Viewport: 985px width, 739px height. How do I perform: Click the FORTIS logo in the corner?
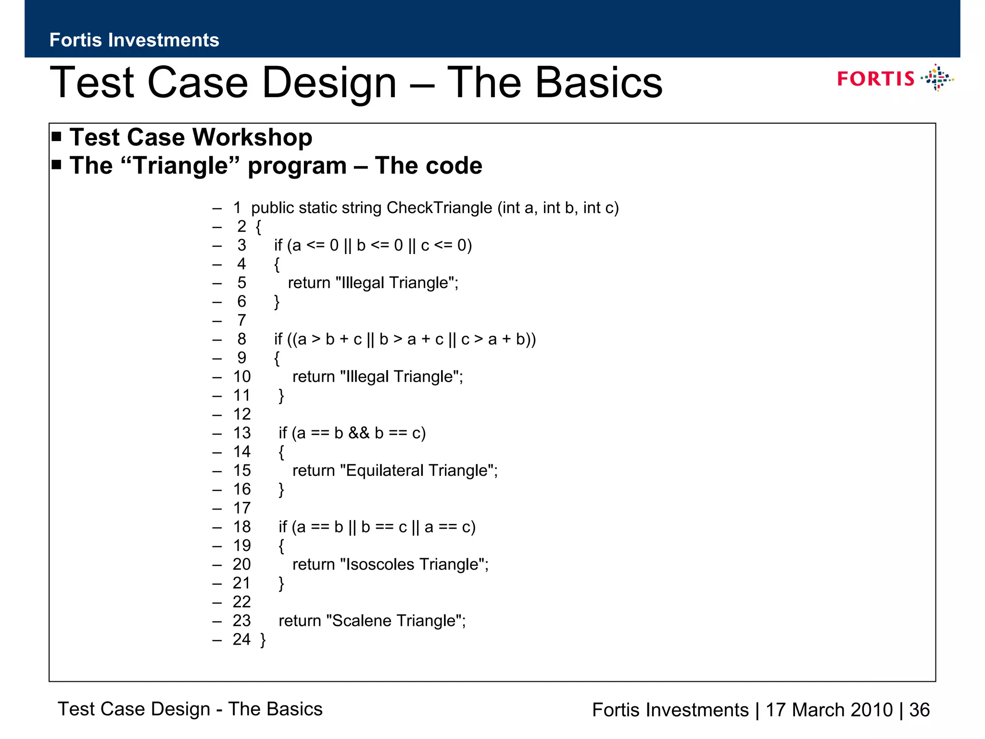tap(895, 78)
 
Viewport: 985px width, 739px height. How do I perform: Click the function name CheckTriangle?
tap(439, 208)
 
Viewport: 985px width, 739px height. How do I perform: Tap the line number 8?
tap(241, 339)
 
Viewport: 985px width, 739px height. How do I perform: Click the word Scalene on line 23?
tap(361, 621)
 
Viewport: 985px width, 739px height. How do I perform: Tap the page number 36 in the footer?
tap(920, 710)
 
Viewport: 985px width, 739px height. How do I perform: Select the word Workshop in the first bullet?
tap(252, 138)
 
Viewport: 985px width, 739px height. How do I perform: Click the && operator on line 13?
tap(359, 433)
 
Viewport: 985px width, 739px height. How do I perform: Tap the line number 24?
tap(241, 639)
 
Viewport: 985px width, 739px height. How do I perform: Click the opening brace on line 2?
tap(258, 227)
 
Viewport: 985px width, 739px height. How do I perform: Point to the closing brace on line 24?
tap(263, 640)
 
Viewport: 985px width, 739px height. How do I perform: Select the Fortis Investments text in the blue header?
tap(134, 40)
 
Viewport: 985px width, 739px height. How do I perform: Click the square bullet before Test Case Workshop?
tap(57, 137)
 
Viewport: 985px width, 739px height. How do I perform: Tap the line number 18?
tap(242, 527)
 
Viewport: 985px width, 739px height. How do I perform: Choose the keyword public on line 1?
tap(272, 208)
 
